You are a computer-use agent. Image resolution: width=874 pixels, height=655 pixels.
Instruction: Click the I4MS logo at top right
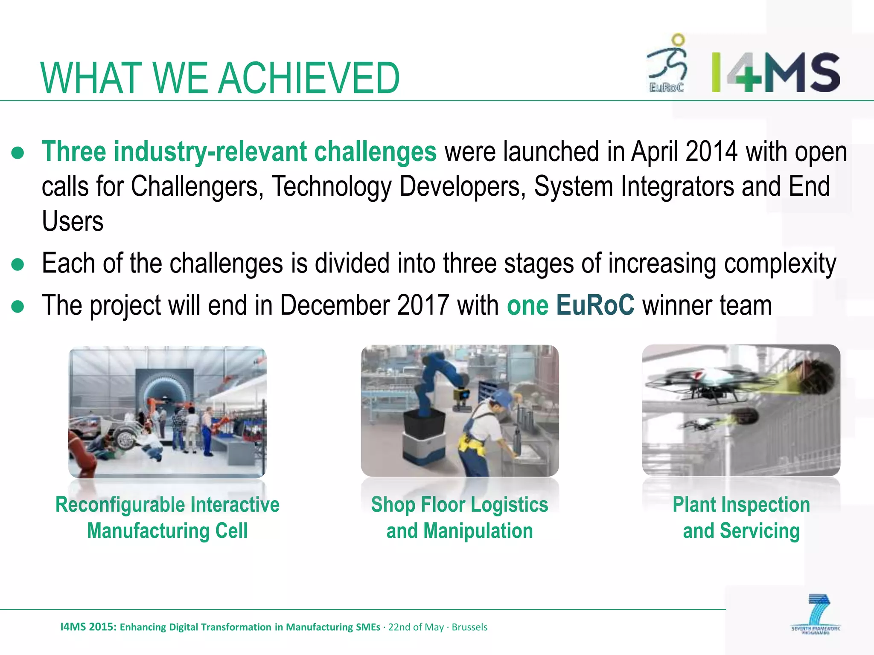(775, 72)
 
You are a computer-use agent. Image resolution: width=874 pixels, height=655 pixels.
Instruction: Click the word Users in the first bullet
(73, 221)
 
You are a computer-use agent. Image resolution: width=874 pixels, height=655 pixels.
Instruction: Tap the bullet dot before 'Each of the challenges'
(18, 264)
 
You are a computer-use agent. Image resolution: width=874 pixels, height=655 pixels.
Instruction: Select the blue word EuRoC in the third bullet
(595, 305)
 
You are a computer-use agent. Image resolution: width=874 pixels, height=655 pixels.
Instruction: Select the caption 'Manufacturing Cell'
(167, 531)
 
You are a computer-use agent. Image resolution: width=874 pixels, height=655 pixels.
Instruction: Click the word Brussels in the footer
(469, 627)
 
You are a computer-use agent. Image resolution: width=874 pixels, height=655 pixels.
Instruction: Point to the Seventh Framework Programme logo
(816, 614)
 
